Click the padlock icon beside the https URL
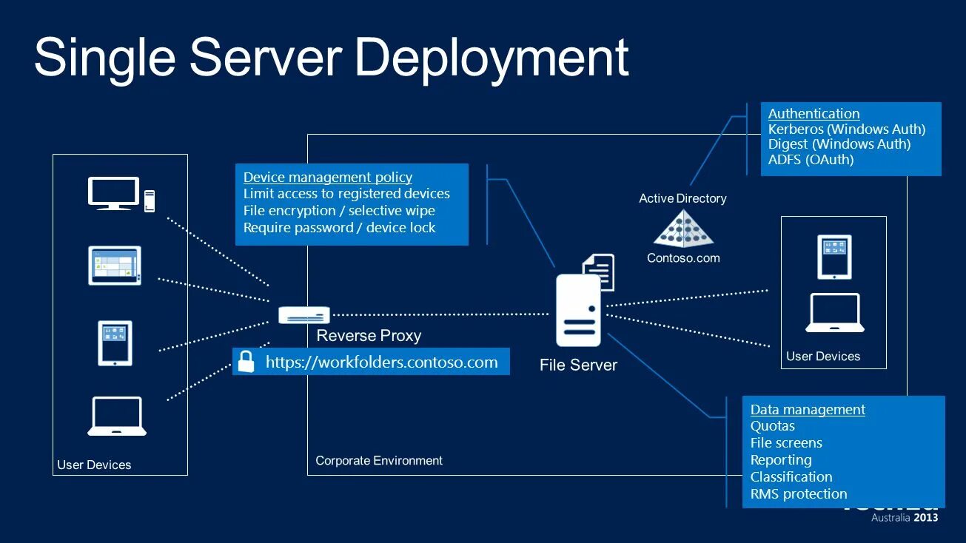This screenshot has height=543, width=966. (x=246, y=362)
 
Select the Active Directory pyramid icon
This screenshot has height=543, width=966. (x=683, y=228)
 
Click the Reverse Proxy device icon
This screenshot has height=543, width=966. (x=303, y=315)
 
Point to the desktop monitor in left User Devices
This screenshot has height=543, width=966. (x=113, y=193)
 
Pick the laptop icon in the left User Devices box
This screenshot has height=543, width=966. (x=117, y=416)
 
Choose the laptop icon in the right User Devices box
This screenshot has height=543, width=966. (x=834, y=313)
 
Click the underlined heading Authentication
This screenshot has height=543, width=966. (x=814, y=114)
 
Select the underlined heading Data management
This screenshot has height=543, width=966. (x=808, y=410)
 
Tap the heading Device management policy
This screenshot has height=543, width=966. (x=328, y=178)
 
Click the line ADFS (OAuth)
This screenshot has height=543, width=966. (x=811, y=160)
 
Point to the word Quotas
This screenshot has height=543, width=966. (x=772, y=426)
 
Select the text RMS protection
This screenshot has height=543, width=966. (x=799, y=494)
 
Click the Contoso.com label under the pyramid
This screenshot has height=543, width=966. (x=683, y=258)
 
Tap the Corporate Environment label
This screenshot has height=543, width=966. (x=379, y=460)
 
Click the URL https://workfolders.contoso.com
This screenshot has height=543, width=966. (x=381, y=362)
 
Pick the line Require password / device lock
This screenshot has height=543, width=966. (x=339, y=228)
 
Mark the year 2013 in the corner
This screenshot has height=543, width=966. (x=926, y=518)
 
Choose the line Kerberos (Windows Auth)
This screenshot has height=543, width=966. (x=847, y=129)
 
